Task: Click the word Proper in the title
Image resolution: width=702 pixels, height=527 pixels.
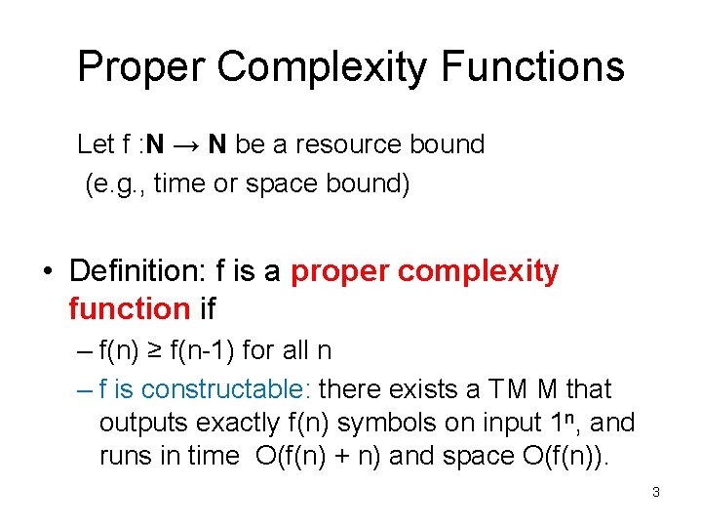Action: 142,67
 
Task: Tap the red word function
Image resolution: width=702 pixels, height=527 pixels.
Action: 129,309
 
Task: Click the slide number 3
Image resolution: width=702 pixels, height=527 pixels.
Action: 656,493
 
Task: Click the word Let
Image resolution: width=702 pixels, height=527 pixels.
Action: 96,145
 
